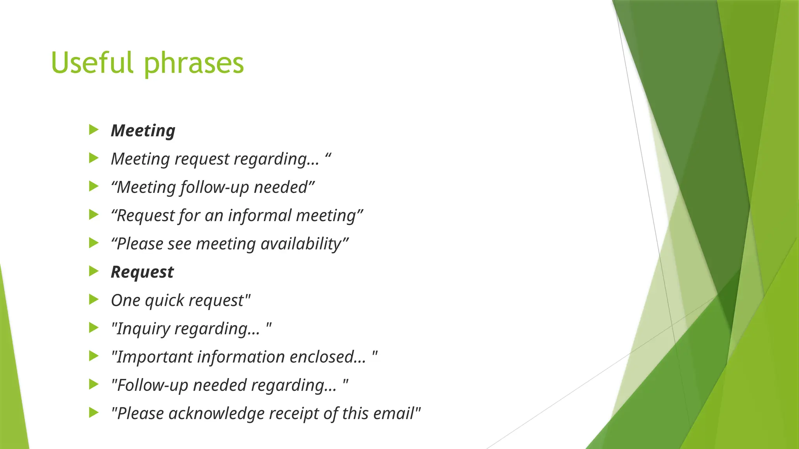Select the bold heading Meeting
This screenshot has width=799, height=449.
click(143, 130)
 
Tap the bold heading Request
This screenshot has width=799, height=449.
click(142, 272)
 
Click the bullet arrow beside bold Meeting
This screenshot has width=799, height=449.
click(94, 129)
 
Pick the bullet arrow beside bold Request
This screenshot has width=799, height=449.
click(94, 271)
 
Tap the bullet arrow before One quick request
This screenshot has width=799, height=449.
click(94, 299)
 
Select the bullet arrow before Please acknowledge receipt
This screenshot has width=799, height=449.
click(94, 412)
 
